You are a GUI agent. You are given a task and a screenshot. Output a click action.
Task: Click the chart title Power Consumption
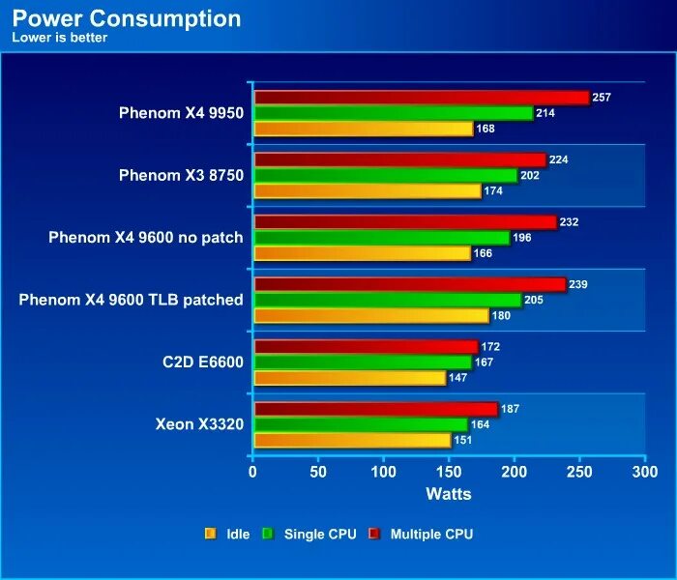[127, 18]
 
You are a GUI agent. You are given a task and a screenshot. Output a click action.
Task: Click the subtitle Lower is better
[59, 38]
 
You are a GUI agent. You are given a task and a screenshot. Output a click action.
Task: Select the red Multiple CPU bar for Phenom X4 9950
[421, 98]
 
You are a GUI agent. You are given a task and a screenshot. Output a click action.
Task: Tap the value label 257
[603, 98]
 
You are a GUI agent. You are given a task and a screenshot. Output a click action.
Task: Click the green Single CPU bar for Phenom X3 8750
[385, 176]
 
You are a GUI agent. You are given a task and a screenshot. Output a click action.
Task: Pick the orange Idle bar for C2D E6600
[349, 378]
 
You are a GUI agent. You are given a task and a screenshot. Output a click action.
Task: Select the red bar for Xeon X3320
[375, 409]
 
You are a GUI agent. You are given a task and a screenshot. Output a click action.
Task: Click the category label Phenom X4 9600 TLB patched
[131, 300]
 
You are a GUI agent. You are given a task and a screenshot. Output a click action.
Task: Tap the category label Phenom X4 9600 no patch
[146, 237]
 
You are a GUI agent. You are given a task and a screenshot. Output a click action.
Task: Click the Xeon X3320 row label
[199, 423]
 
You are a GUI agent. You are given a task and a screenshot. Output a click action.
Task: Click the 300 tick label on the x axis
[645, 473]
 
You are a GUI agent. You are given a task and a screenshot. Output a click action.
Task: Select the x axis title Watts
[449, 494]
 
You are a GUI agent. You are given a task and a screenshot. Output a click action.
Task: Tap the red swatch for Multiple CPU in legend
[373, 534]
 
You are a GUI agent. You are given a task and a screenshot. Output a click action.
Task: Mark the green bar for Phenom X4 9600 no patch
[381, 238]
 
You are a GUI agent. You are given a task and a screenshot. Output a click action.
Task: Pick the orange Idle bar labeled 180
[370, 315]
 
